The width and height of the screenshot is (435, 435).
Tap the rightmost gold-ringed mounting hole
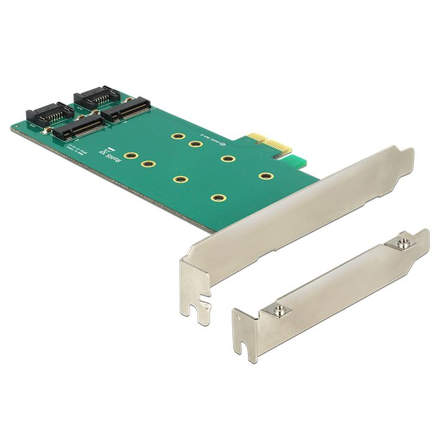point(266,176)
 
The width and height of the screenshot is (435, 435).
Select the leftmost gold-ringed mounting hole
point(130,157)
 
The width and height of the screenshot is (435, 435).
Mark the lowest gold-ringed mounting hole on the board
point(217,198)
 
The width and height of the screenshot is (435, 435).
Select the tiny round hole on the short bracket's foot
point(237,319)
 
